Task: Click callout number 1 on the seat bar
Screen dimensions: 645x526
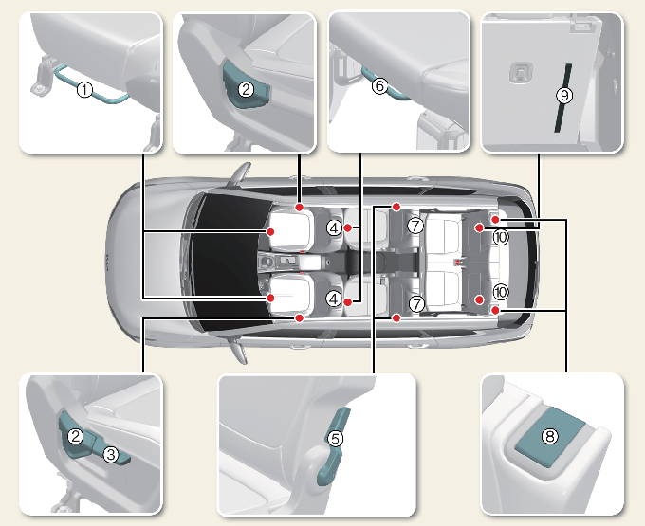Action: tap(85, 89)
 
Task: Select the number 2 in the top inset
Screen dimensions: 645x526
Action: tap(246, 89)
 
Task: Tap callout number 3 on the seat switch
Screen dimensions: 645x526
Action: tap(111, 454)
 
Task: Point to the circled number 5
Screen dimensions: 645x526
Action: tap(335, 439)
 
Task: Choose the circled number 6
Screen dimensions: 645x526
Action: tap(379, 85)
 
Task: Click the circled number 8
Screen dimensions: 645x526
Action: tap(550, 436)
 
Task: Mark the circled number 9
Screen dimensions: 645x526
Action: tap(564, 96)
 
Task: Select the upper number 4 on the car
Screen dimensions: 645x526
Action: tap(334, 227)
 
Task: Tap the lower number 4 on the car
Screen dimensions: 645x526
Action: tap(334, 299)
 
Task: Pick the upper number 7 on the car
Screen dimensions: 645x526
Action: tap(415, 226)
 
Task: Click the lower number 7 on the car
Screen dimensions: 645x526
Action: tap(417, 304)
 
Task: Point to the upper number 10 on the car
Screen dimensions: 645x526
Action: tap(501, 237)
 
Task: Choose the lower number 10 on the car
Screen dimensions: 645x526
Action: tap(501, 292)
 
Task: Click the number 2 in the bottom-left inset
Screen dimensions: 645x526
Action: tap(76, 436)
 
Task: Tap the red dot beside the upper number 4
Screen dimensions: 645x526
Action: tap(348, 227)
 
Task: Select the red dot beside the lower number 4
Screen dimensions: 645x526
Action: tap(348, 302)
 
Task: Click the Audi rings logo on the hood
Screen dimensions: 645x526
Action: tap(108, 263)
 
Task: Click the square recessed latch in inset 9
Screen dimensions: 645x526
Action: tap(521, 73)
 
